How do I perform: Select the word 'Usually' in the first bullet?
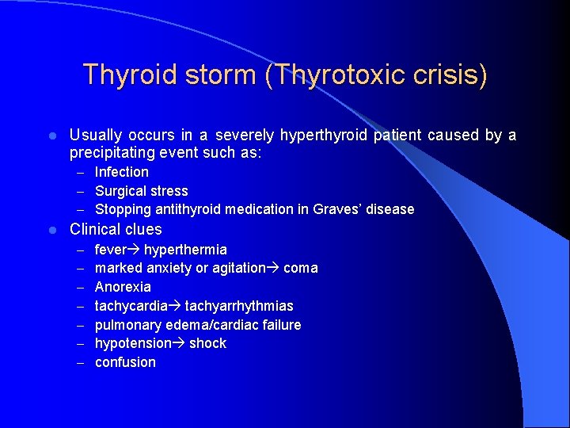tap(96, 136)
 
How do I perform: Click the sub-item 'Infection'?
tap(122, 172)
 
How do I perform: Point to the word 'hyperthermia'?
tap(185, 250)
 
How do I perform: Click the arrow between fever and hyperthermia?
tap(134, 250)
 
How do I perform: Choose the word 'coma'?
tap(301, 268)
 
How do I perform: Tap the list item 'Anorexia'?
tap(123, 287)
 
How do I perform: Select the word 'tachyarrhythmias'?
tap(239, 306)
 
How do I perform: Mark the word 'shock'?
tap(207, 343)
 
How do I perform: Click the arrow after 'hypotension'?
tap(179, 343)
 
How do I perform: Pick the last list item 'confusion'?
tap(125, 362)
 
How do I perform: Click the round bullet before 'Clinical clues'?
tap(51, 230)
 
